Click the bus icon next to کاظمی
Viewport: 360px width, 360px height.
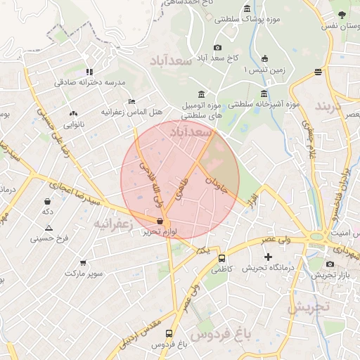pos(222,258)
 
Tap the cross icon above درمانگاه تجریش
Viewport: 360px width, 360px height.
pos(267,257)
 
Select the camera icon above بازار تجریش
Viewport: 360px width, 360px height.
pos(330,264)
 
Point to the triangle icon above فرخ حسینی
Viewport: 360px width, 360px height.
pos(49,228)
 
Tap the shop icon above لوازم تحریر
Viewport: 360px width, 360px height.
pos(161,221)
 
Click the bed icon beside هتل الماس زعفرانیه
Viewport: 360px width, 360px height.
pos(131,101)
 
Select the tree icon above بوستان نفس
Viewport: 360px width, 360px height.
pos(342,14)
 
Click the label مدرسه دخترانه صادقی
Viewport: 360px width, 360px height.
pos(90,82)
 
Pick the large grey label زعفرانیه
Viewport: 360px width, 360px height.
pos(113,224)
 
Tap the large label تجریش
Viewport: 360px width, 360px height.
pos(309,307)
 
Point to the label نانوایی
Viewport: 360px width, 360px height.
pos(75,124)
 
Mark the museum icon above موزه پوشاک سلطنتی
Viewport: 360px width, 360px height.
pos(247,8)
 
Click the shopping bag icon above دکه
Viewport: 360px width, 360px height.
pos(48,200)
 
